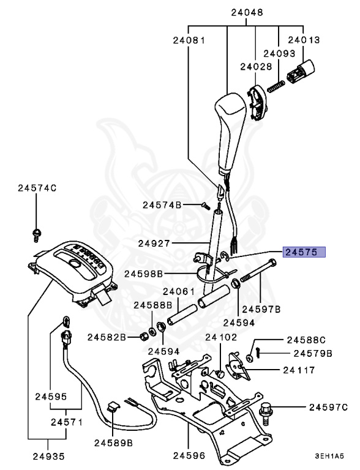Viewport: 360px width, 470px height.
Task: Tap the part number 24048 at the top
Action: tap(247, 12)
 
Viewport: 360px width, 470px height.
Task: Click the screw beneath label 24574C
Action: tap(36, 233)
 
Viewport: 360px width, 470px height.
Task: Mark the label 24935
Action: tap(48, 456)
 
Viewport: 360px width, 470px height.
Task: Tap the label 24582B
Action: tap(106, 337)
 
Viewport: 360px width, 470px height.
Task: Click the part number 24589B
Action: tap(114, 441)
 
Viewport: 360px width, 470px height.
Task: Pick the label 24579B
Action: tap(312, 353)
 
